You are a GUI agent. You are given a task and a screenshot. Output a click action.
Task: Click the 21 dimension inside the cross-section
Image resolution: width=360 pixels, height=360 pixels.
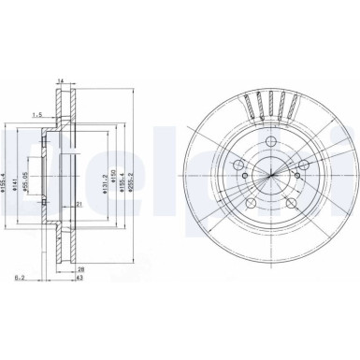pos(81,205)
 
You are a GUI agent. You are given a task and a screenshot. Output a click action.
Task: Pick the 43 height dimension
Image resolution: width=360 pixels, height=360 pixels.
pos(82,279)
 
